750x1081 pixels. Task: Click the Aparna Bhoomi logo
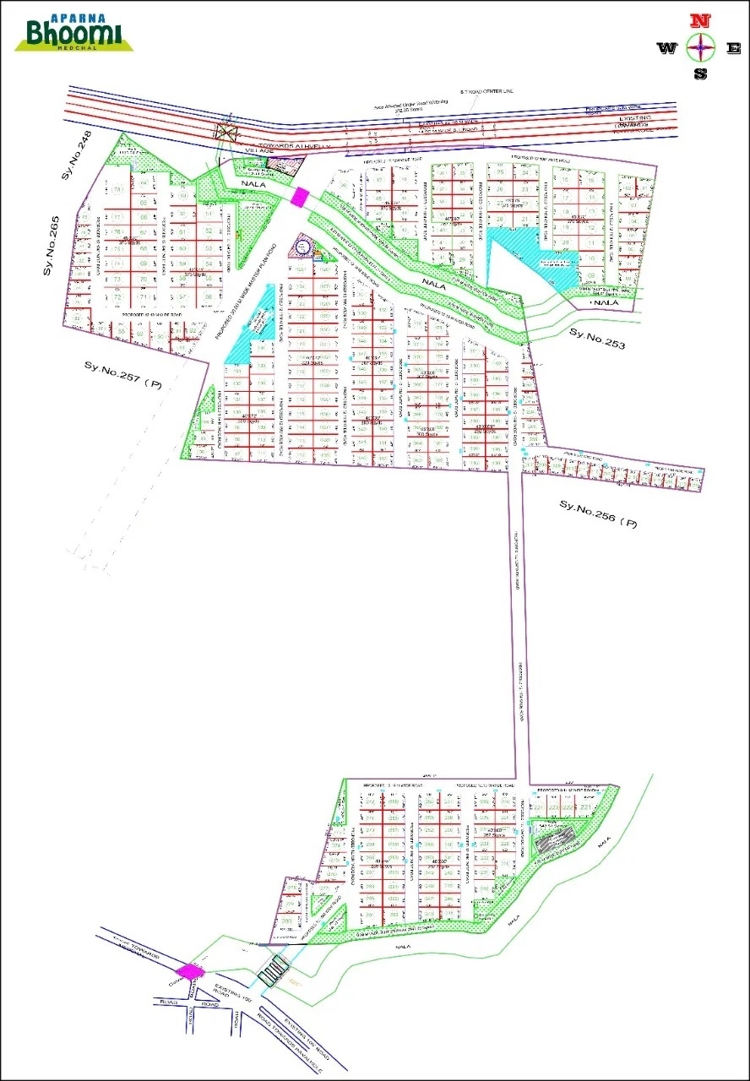pos(73,34)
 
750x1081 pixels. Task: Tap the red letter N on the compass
pos(698,19)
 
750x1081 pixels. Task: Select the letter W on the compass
pos(667,48)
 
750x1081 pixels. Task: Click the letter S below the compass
pos(699,73)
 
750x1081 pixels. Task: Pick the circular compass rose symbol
pos(699,47)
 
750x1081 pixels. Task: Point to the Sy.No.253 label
pos(597,337)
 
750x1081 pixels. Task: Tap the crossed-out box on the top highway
pos(226,133)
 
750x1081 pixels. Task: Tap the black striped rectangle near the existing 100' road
pos(272,972)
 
